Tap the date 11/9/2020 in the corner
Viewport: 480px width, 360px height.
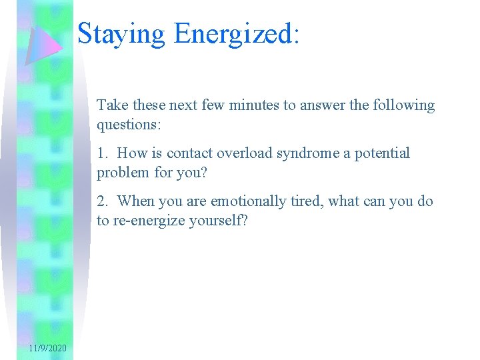coord(47,349)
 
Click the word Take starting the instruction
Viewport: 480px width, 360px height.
coord(112,105)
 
